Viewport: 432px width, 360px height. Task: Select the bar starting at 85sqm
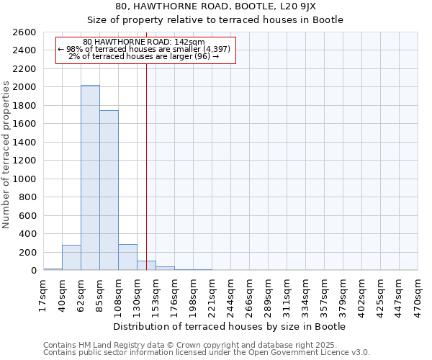click(x=109, y=190)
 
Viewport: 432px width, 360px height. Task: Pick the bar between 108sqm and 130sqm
click(x=127, y=258)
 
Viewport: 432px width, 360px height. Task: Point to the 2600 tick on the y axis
click(x=26, y=32)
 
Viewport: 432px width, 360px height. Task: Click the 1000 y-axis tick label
click(x=26, y=179)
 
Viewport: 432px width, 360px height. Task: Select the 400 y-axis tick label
click(x=29, y=234)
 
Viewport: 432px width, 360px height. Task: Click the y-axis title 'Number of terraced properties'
click(x=7, y=155)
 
